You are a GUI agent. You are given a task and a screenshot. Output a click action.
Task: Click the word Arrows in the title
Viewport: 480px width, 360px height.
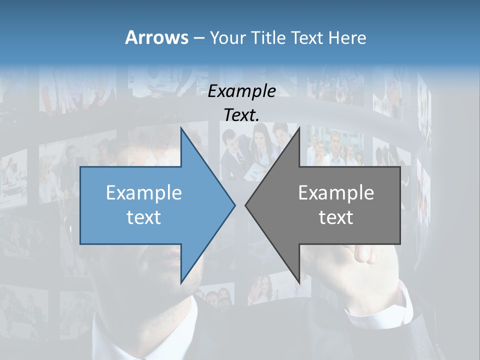[x=156, y=37]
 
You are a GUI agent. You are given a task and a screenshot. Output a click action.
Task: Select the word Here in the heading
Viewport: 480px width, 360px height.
[x=347, y=37]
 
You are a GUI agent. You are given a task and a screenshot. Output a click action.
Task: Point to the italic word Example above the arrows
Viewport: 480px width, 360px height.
[x=241, y=91]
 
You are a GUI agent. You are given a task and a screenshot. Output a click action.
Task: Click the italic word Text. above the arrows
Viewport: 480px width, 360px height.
[x=241, y=115]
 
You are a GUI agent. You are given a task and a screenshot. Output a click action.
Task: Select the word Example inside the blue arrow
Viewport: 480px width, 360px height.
[x=143, y=192]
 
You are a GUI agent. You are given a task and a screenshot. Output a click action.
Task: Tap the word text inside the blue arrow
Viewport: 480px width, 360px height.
[x=143, y=217]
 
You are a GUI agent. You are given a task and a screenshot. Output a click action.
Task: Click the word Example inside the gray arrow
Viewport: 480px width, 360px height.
[x=336, y=192]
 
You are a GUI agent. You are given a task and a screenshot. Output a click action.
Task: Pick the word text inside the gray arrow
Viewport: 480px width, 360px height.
[x=336, y=217]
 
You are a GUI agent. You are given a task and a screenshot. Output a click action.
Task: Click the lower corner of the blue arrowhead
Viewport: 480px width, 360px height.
[x=181, y=283]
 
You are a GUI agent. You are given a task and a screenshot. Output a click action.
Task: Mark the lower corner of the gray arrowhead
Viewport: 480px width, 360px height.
[x=299, y=283]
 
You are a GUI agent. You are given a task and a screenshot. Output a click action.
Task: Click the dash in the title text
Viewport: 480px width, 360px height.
[x=198, y=38]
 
